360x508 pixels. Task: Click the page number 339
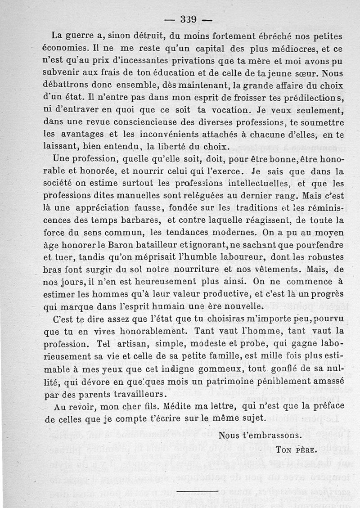(x=188, y=19)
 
